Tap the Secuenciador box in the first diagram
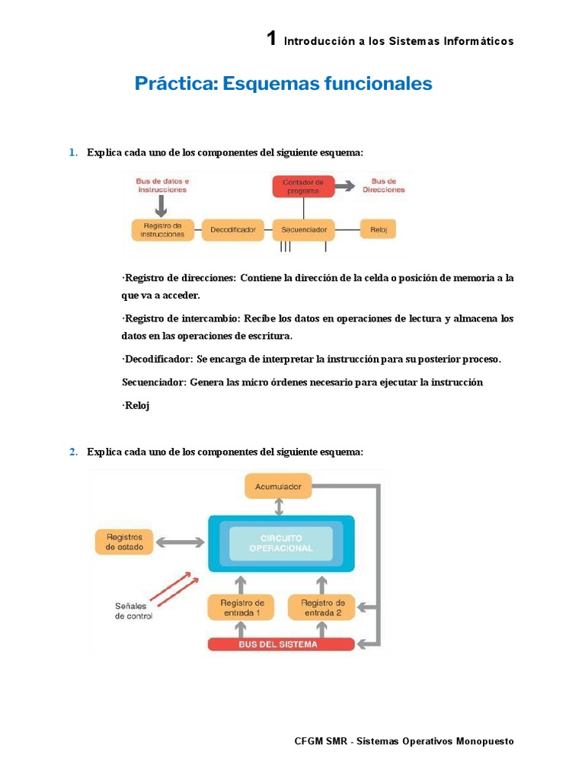tap(303, 229)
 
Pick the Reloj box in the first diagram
tap(378, 229)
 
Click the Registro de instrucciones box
tap(161, 229)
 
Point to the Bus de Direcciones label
tap(388, 186)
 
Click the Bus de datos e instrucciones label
tap(161, 186)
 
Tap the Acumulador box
tap(279, 486)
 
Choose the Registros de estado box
tap(125, 542)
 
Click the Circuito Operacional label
tap(281, 543)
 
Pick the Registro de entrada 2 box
tap(321, 607)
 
